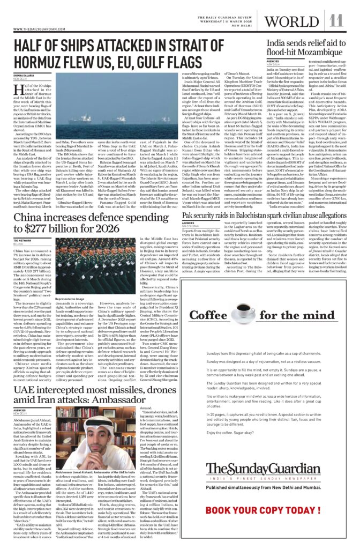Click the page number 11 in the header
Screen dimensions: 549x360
336,20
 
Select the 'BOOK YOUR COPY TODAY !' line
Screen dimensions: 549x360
266,525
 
